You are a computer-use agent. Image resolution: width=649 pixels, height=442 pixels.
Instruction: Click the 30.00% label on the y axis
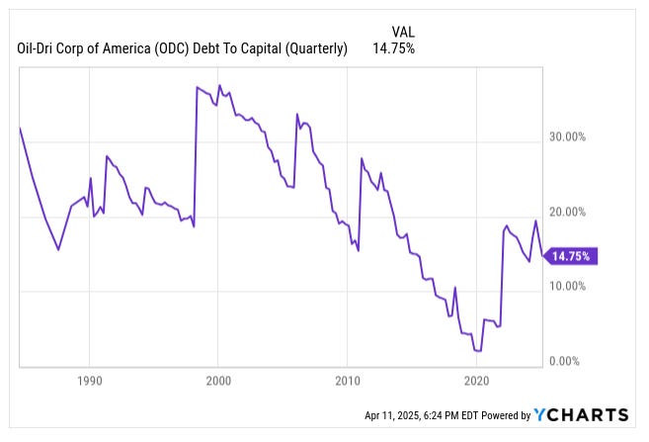[570, 137]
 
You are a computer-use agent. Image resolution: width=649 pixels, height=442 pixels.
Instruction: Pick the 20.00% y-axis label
[570, 212]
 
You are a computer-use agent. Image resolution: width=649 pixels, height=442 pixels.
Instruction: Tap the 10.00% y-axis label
[570, 286]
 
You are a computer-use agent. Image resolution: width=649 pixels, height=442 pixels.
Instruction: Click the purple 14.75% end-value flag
[572, 256]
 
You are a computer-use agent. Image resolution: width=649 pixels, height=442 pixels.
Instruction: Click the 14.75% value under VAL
[392, 47]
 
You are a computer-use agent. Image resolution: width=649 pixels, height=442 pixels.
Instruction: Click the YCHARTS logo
[581, 414]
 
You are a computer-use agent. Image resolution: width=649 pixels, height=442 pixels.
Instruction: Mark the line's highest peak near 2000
[219, 85]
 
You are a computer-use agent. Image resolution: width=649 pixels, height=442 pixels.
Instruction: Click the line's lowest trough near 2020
[478, 351]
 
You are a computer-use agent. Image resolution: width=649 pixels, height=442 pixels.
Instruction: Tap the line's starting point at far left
[20, 128]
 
